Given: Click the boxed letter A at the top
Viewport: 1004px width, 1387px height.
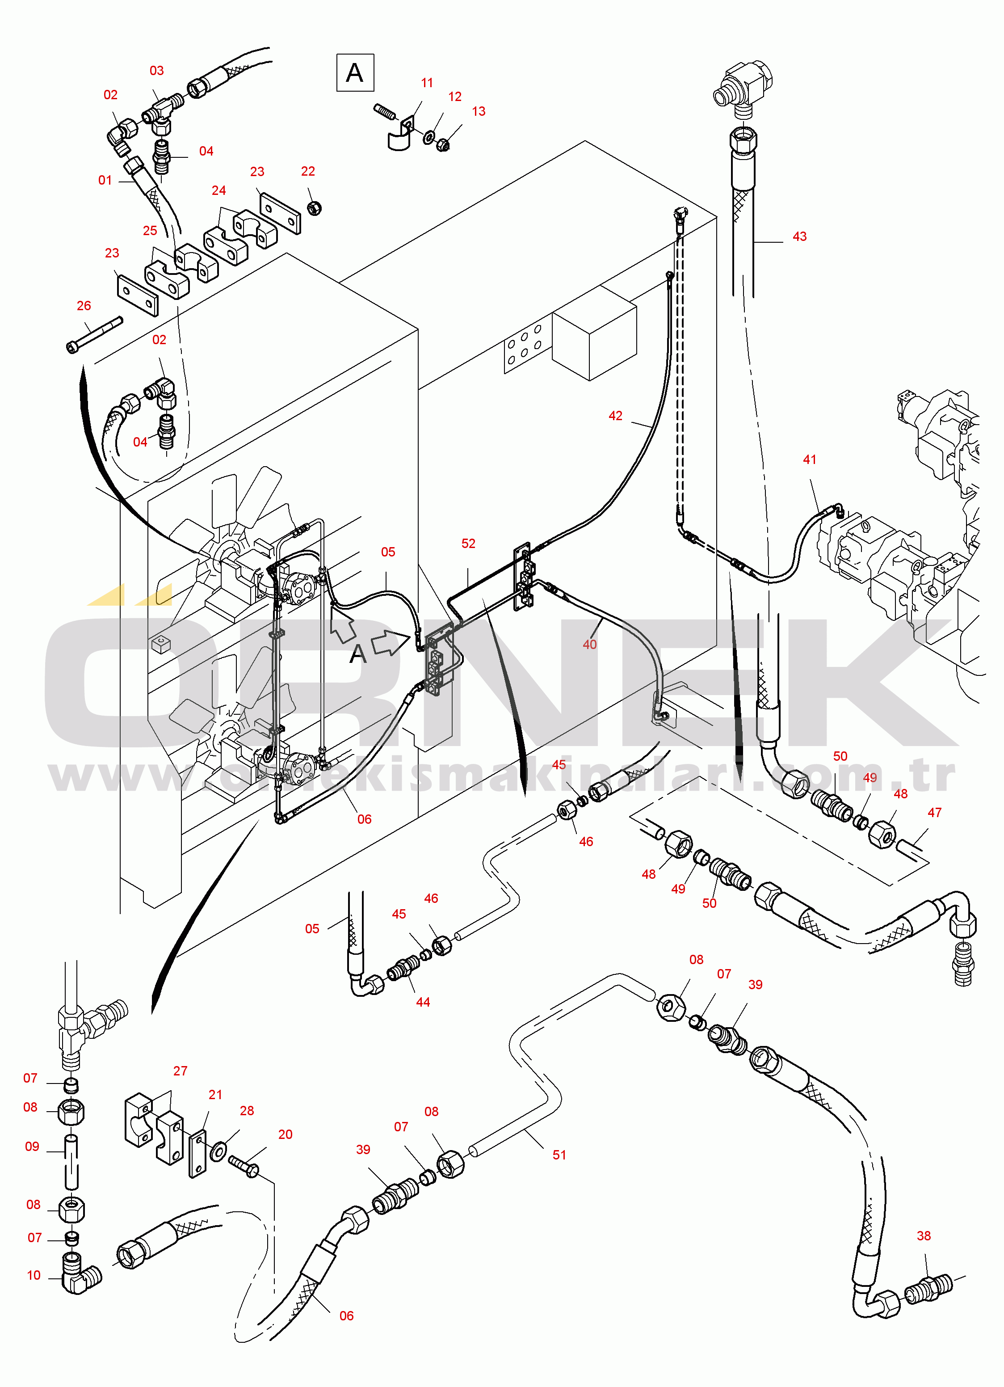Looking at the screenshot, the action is pyautogui.click(x=355, y=73).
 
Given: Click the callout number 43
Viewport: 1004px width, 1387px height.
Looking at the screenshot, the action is pyautogui.click(x=799, y=236).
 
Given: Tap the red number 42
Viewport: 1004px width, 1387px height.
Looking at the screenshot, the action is pyautogui.click(x=615, y=416).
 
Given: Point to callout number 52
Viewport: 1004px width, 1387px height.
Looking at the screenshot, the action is pyautogui.click(x=468, y=544).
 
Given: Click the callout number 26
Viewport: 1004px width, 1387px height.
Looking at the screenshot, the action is pyautogui.click(x=84, y=306).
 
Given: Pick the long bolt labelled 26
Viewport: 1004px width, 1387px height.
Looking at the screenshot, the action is pyautogui.click(x=94, y=334).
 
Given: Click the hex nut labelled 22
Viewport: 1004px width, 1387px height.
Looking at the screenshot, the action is pyautogui.click(x=314, y=208).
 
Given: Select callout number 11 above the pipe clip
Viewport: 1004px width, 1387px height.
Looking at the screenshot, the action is pyautogui.click(x=427, y=83).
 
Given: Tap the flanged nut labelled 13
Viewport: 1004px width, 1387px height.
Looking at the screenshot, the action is pyautogui.click(x=443, y=145).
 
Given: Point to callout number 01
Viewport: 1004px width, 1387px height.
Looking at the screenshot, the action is pyautogui.click(x=105, y=181).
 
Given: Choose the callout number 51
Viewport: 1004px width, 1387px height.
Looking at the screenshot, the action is pyautogui.click(x=559, y=1155).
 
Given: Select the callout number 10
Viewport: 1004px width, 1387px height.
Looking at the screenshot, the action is pyautogui.click(x=34, y=1276).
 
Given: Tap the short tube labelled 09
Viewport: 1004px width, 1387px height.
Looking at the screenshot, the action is pyautogui.click(x=71, y=1162).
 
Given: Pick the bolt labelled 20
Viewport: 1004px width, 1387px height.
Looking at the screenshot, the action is pyautogui.click(x=244, y=1165).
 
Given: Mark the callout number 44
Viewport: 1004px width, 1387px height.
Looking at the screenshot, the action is pyautogui.click(x=423, y=1002).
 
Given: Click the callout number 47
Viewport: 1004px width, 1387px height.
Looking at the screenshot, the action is pyautogui.click(x=934, y=813).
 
